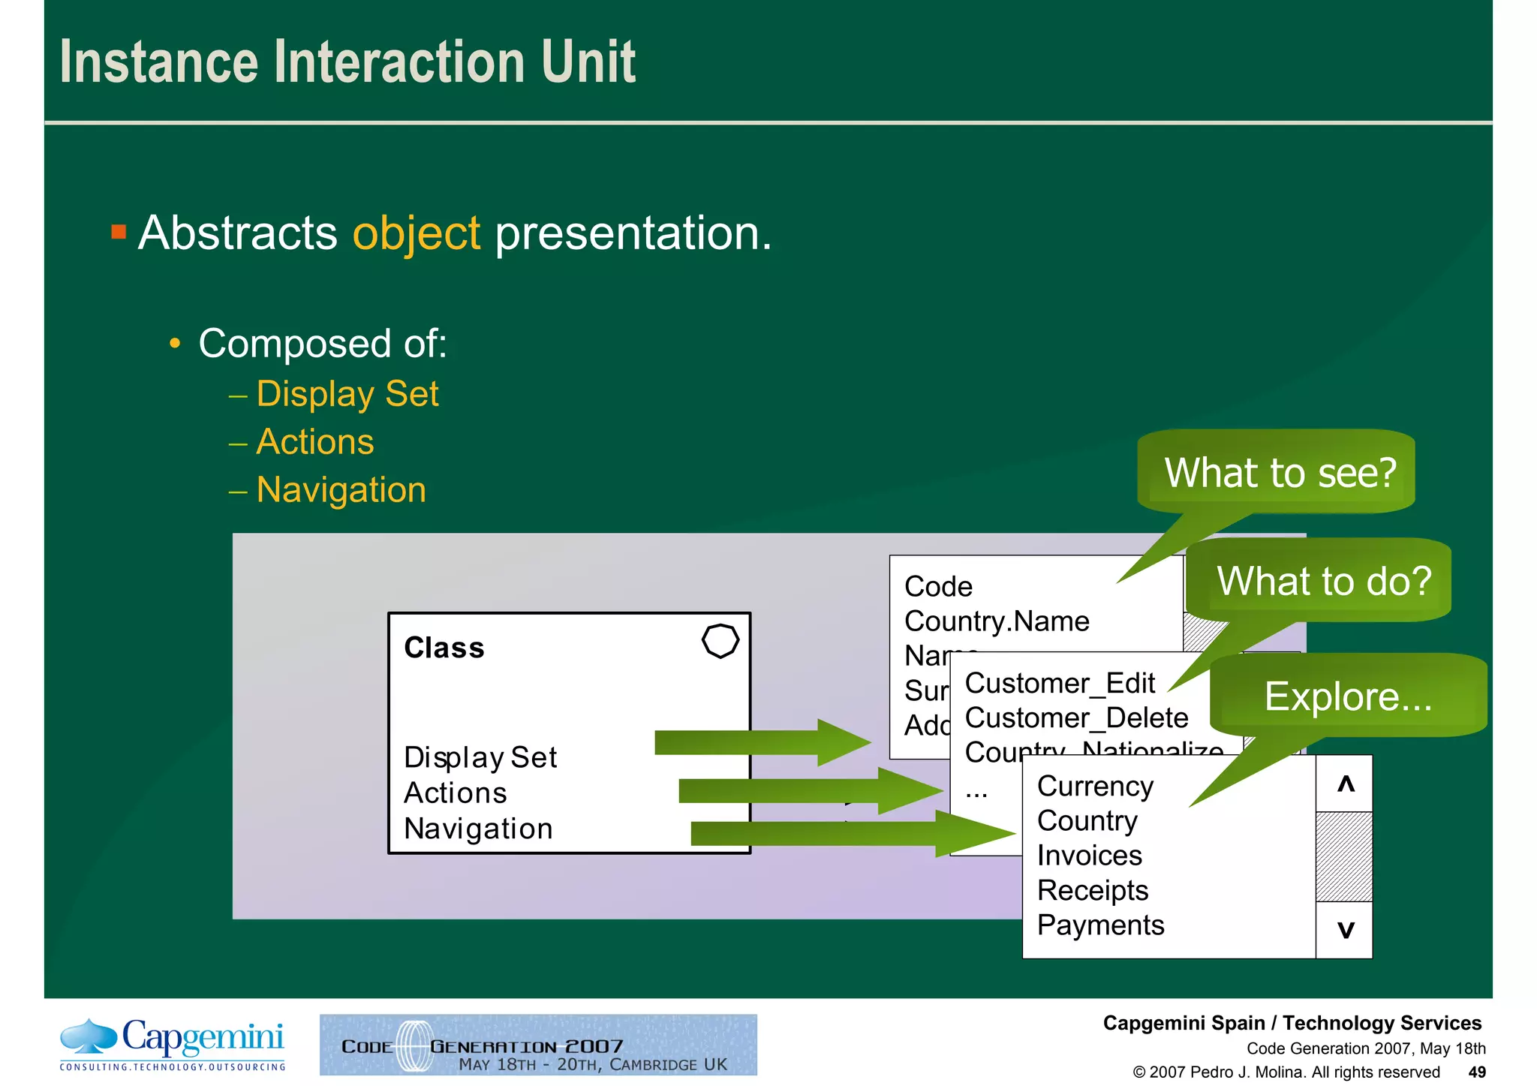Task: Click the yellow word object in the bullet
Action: (416, 233)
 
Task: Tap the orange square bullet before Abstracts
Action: (119, 231)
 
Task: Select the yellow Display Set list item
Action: (347, 394)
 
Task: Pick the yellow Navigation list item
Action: (341, 490)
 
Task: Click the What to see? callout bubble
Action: (1279, 473)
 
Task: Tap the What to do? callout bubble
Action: (1323, 581)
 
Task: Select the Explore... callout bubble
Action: (1348, 696)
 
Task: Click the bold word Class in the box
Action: (444, 648)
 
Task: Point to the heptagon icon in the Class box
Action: (720, 641)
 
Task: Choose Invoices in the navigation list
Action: (1089, 856)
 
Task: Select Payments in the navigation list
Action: (1100, 925)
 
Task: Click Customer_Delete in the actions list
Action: (1076, 718)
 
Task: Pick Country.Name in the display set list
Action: (997, 621)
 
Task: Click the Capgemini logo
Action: (173, 1043)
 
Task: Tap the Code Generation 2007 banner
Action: (538, 1045)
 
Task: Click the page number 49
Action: (1476, 1072)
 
